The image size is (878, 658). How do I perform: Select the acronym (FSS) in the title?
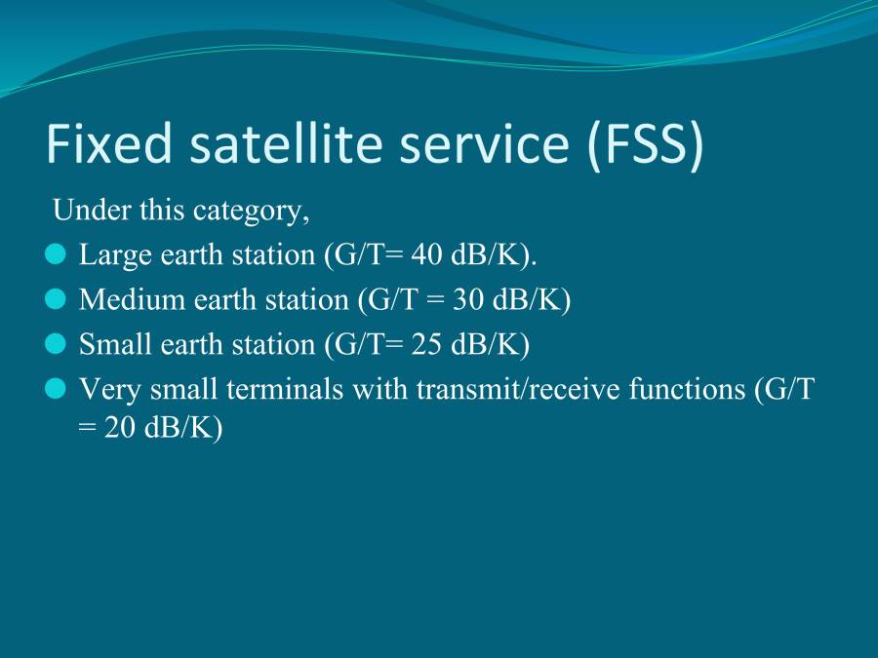[x=645, y=143]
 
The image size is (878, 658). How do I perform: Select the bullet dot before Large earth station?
[x=56, y=254]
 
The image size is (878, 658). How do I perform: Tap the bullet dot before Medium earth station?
[x=56, y=299]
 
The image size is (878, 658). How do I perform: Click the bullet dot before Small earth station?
[x=56, y=344]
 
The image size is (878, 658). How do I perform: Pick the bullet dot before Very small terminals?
[x=56, y=389]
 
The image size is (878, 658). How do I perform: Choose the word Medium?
[x=125, y=299]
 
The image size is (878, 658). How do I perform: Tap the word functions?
[x=680, y=389]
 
